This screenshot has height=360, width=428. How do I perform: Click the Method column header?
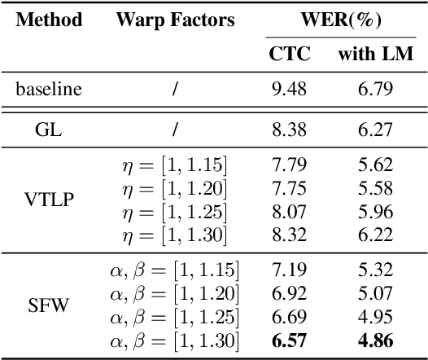tap(49, 20)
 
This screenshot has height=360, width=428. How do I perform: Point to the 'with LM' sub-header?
tap(375, 55)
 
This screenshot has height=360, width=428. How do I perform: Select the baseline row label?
tap(49, 90)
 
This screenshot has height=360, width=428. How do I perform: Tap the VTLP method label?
tap(49, 201)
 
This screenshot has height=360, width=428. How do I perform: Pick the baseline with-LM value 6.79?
tap(375, 90)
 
